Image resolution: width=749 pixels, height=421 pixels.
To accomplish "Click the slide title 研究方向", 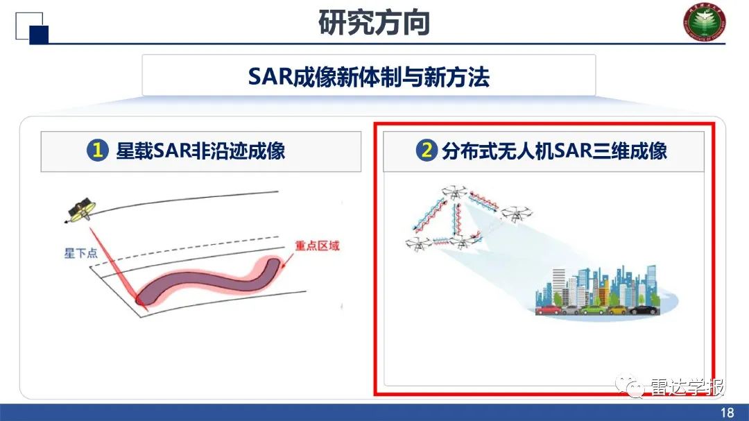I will (x=374, y=22).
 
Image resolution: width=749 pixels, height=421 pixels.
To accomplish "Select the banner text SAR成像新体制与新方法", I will (x=368, y=76).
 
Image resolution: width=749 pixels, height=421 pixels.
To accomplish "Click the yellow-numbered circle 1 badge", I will (x=98, y=151).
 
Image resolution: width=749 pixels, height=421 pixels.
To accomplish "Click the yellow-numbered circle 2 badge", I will (x=426, y=151).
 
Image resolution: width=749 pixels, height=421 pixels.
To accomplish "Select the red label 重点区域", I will (x=316, y=246).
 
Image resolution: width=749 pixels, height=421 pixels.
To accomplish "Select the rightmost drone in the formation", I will (x=516, y=214).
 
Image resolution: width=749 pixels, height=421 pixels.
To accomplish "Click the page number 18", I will (x=726, y=413).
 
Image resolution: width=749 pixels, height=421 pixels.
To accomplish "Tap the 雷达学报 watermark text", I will (x=687, y=387).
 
